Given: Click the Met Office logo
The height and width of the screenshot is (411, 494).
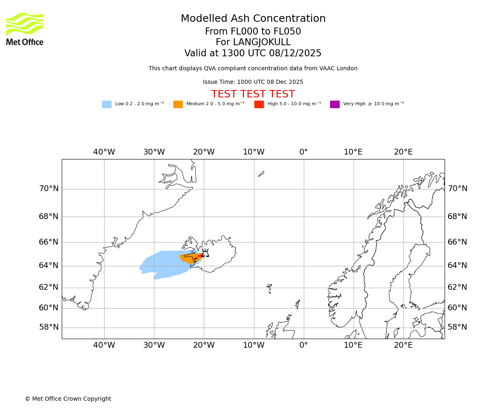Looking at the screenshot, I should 25,29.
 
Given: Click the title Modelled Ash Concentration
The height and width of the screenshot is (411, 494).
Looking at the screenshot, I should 253,19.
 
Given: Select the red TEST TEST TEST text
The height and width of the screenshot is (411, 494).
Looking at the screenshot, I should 253,95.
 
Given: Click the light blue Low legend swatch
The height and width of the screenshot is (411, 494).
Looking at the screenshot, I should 107,104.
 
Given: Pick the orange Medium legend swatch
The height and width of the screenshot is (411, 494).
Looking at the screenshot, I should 178,104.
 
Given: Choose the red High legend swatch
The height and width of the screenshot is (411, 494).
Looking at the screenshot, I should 259,104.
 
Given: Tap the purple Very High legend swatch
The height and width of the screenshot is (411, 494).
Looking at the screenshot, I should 335,104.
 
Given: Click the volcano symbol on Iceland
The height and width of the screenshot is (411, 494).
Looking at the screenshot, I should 205,253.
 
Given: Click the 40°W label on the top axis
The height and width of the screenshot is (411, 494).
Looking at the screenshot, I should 104,152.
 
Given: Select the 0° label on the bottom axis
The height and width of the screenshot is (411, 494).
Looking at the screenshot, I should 303,345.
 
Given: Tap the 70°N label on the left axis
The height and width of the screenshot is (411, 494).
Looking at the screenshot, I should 49,189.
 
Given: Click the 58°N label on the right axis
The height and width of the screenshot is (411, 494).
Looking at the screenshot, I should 457,327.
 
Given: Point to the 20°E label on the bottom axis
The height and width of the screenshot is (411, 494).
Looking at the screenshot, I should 403,345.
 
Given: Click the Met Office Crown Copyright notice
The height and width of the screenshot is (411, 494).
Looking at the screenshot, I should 68,399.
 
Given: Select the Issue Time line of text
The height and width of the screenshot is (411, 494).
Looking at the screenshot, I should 253,82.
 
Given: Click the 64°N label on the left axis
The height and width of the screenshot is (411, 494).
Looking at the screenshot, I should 49,266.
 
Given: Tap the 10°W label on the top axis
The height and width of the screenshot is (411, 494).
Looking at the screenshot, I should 254,152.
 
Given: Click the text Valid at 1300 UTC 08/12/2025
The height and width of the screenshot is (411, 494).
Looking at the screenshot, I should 253,53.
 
